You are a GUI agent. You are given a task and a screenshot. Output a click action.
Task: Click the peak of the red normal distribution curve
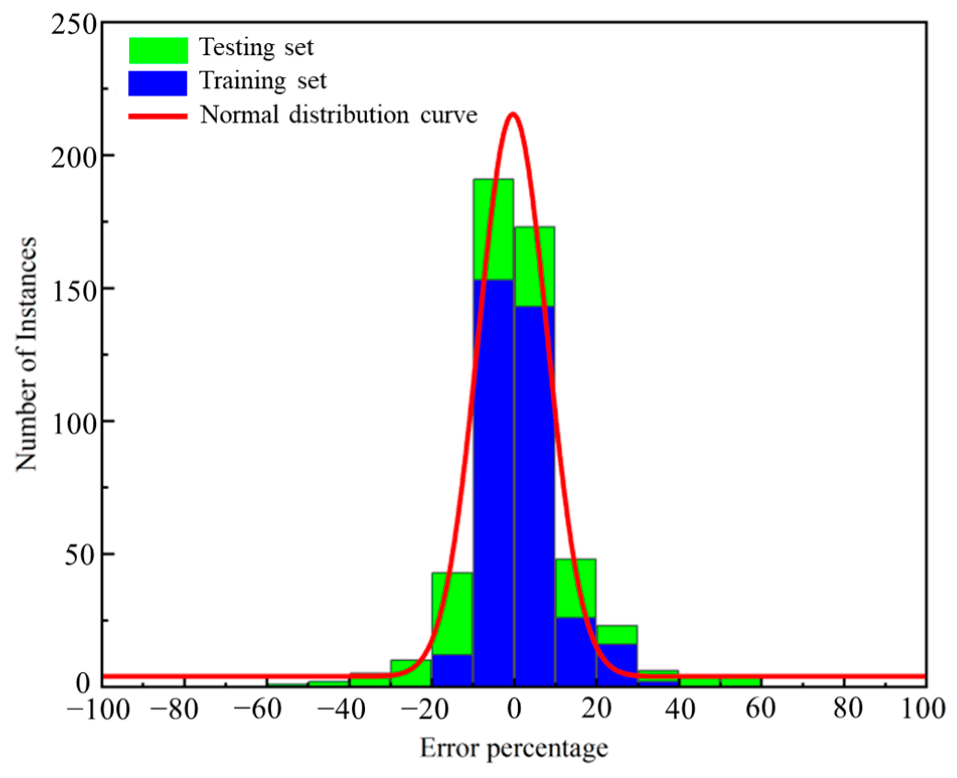pyautogui.click(x=513, y=114)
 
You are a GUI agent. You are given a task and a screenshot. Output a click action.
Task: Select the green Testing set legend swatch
pyautogui.click(x=158, y=50)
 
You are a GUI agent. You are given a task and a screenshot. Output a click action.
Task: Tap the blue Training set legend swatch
pyautogui.click(x=157, y=83)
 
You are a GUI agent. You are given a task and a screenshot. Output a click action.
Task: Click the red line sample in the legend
pyautogui.click(x=158, y=116)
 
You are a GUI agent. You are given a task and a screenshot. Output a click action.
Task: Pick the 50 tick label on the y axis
pyautogui.click(x=80, y=555)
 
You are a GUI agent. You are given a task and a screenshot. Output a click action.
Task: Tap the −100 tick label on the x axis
pyautogui.click(x=98, y=710)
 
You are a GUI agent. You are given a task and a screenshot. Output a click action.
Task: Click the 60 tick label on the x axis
pyautogui.click(x=760, y=709)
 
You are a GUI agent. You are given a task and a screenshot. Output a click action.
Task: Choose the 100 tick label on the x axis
pyautogui.click(x=923, y=709)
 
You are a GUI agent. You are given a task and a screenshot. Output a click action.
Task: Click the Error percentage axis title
pyautogui.click(x=514, y=748)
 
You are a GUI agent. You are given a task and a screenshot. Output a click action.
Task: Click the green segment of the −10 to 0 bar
pyautogui.click(x=493, y=229)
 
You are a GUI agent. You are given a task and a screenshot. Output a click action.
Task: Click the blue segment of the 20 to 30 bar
pyautogui.click(x=617, y=664)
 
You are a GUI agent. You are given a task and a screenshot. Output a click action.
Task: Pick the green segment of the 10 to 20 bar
pyautogui.click(x=576, y=588)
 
